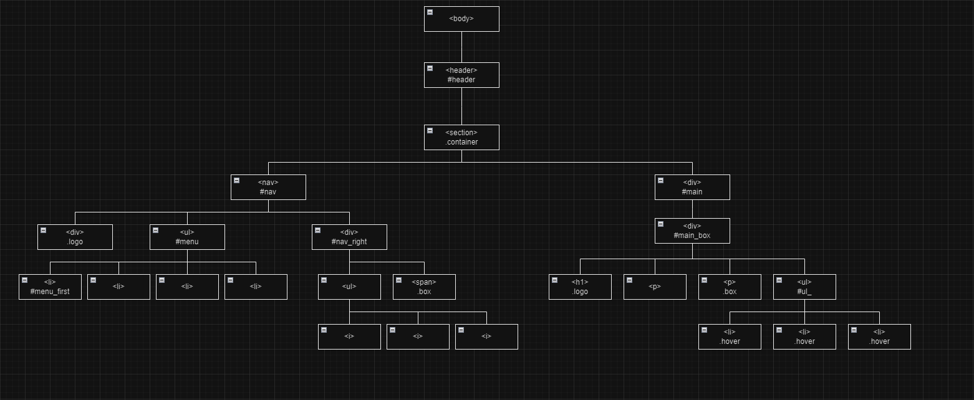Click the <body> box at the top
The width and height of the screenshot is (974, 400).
pos(461,19)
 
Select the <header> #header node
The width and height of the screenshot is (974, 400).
pos(461,75)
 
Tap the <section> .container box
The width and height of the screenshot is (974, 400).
pos(461,137)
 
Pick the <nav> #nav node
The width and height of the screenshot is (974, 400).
pos(268,187)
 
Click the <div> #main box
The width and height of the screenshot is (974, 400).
pos(692,187)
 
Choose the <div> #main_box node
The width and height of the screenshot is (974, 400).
pos(692,231)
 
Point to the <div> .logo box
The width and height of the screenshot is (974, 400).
pos(75,237)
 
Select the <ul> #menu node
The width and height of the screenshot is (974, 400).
pos(187,237)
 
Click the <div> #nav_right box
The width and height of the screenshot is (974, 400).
pos(349,237)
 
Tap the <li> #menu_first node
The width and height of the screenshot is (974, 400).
pos(50,287)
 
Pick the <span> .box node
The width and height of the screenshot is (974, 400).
pos(424,287)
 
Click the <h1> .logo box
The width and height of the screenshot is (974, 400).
pos(580,287)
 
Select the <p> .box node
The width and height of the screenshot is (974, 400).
pos(730,287)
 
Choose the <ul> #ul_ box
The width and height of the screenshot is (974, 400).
pos(804,287)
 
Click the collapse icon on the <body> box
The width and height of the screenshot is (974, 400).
pos(430,12)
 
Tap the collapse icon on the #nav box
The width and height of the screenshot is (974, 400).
pos(237,180)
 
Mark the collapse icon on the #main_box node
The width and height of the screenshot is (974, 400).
pos(661,224)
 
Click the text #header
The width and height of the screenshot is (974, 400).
pos(461,80)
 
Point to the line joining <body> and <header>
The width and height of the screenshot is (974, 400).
pos(461,47)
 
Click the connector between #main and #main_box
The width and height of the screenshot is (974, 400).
pos(692,209)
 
